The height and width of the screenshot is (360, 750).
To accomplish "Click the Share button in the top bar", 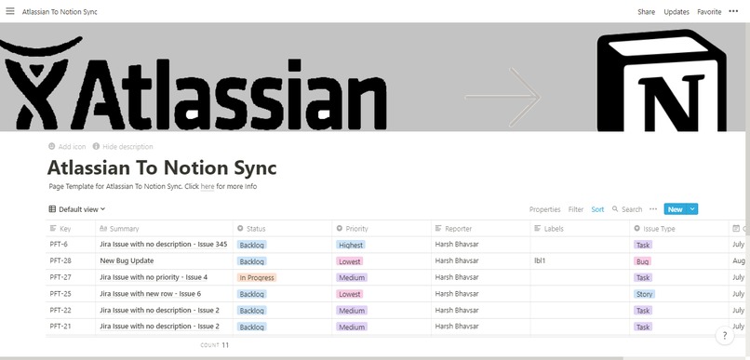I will pyautogui.click(x=646, y=12).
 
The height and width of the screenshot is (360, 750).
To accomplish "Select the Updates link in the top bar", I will pyautogui.click(x=676, y=12).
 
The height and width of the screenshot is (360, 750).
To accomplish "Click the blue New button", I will pyautogui.click(x=675, y=209).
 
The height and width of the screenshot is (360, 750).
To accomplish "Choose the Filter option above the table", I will pyautogui.click(x=576, y=209).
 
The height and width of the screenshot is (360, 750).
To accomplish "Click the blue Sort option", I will pyautogui.click(x=597, y=209).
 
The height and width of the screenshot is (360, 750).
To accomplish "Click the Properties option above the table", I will pyautogui.click(x=545, y=209).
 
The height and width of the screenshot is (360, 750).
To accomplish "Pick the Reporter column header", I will pyautogui.click(x=458, y=228).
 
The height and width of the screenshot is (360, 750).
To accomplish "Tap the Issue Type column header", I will pyautogui.click(x=659, y=228).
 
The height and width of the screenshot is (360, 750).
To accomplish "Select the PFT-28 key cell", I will pyautogui.click(x=60, y=261).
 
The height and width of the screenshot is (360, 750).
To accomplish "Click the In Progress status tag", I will pyautogui.click(x=257, y=277).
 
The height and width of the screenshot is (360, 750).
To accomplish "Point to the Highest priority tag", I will pyautogui.click(x=351, y=245).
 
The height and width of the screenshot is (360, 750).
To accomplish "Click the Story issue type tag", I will pyautogui.click(x=643, y=294).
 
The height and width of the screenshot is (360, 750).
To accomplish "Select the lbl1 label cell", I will pyautogui.click(x=540, y=261).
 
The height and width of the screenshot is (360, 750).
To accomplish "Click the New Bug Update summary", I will pyautogui.click(x=127, y=261).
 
